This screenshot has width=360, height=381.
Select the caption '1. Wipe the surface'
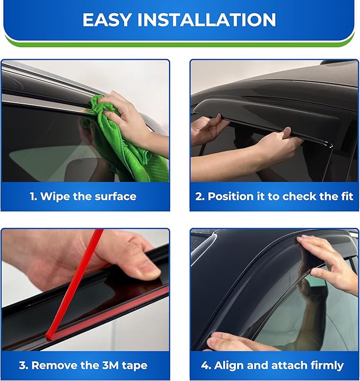click(83, 197)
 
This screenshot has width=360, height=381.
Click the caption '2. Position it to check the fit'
click(274, 197)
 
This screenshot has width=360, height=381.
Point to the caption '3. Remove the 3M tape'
click(83, 366)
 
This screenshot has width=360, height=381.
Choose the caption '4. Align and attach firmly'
click(273, 366)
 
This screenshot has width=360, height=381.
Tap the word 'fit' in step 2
click(345, 197)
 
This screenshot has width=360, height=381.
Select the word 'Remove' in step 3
click(52, 366)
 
